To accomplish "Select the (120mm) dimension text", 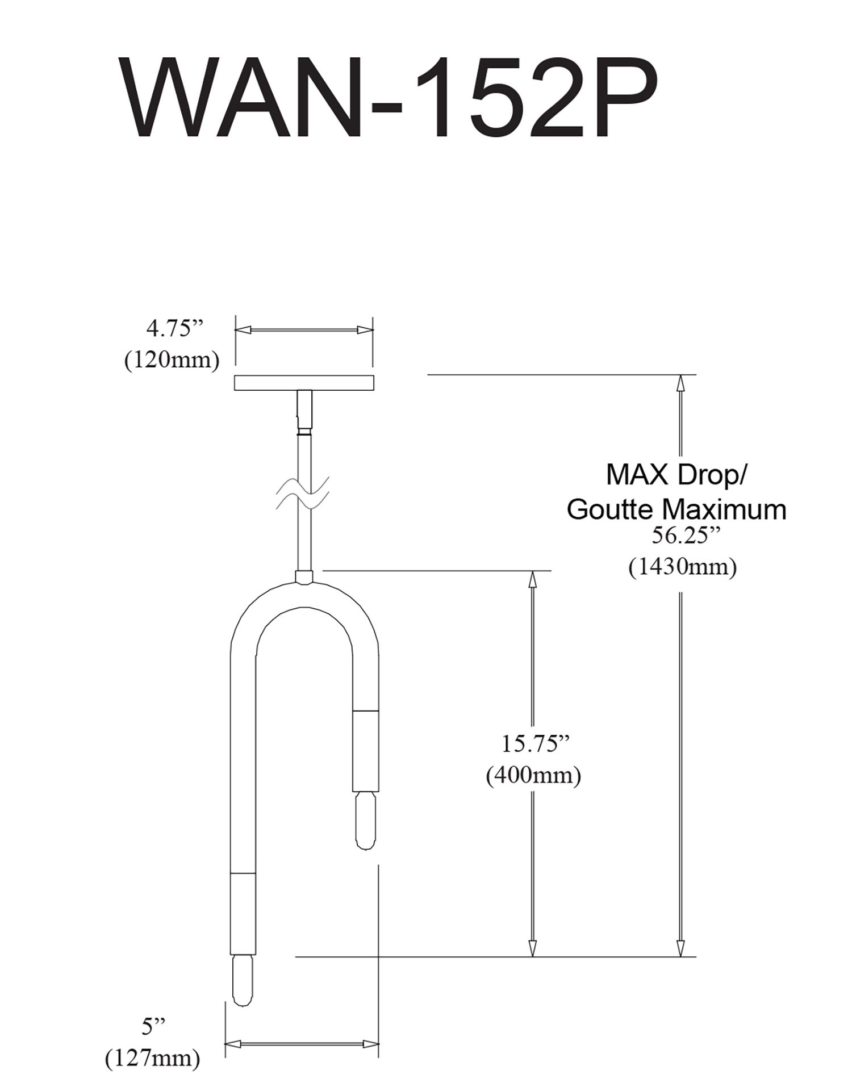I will coord(172,360).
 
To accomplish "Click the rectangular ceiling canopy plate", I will coord(303,383).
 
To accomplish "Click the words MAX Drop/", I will coord(675,475).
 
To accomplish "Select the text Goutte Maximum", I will coord(676,509).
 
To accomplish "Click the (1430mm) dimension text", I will coord(682,567).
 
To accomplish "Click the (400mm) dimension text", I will coord(533,775).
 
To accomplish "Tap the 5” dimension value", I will coord(153,1023).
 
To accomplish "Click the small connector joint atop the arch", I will coord(304,577).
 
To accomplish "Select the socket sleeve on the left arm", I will coord(243,912).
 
